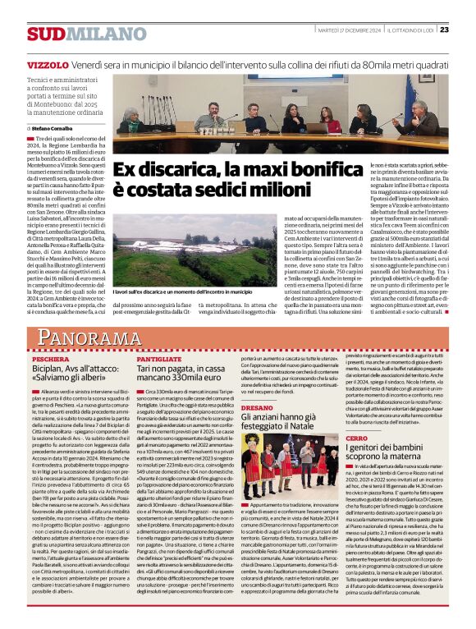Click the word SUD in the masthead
click(x=41, y=34)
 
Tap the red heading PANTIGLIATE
click(x=159, y=360)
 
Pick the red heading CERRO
click(x=358, y=440)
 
